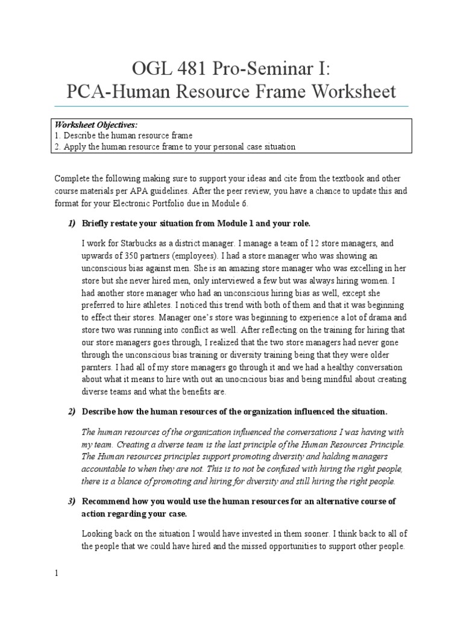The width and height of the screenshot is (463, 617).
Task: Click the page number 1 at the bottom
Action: (x=57, y=574)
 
